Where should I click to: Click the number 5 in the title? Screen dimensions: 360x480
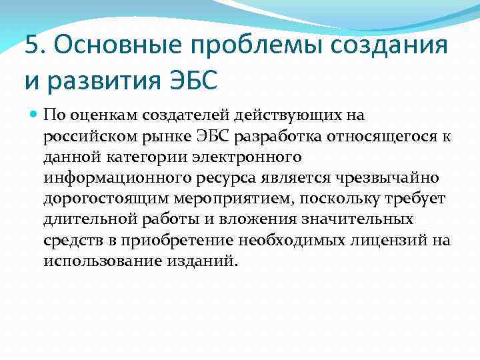tap(31, 46)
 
